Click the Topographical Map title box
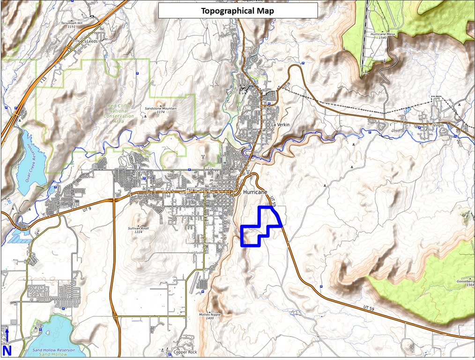pos(237,10)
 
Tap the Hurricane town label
pos(255,192)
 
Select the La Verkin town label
pos(281,125)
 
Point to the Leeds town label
pos(91,41)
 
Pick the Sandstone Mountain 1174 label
pos(161,110)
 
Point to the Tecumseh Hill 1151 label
pos(71,24)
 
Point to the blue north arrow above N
pos(7,335)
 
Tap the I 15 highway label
pos(44,80)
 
